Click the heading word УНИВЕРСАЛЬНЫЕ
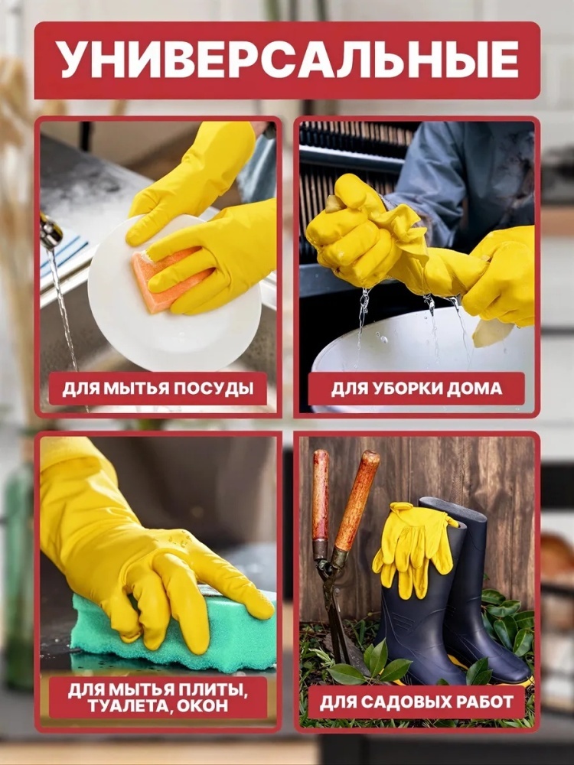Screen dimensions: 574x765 287,60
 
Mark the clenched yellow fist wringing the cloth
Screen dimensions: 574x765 351,234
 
